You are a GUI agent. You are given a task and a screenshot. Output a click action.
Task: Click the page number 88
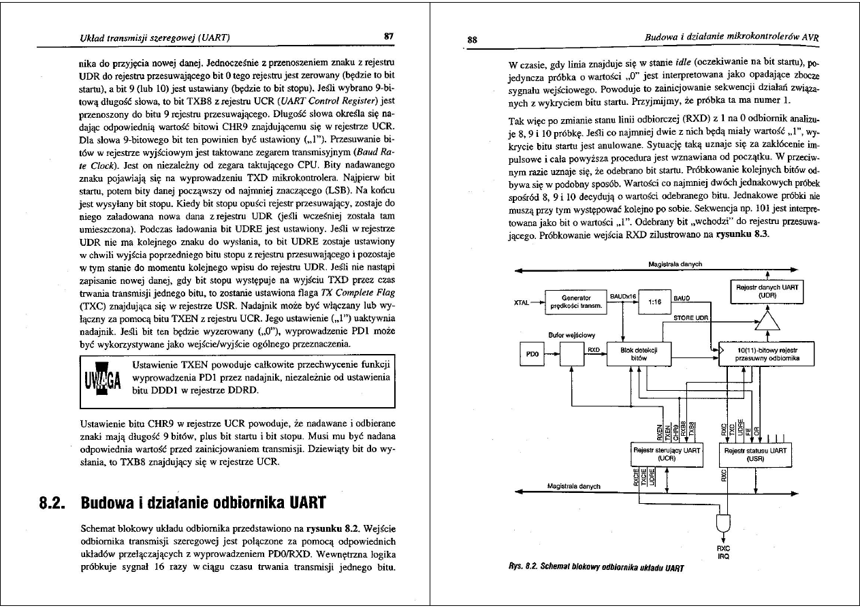471,39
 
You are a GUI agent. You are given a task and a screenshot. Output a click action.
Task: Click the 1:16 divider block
654,301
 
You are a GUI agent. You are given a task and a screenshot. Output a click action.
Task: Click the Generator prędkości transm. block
575,301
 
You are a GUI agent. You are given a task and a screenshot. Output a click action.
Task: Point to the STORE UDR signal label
689,317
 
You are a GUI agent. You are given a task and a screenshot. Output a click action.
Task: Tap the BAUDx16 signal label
622,296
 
